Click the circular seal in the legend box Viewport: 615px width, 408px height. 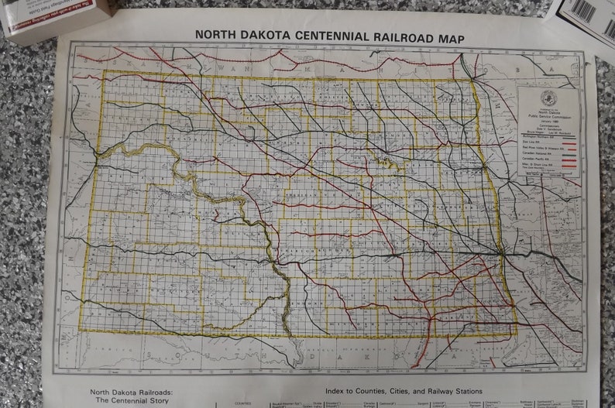point(548,98)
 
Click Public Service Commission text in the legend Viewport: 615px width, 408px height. point(548,119)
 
